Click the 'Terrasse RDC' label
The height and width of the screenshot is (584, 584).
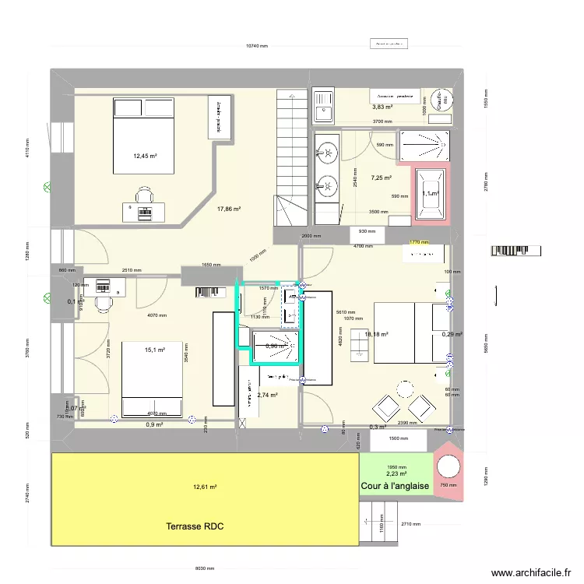(x=195, y=527)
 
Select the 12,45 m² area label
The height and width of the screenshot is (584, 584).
(x=145, y=156)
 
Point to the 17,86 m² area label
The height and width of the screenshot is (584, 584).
(x=229, y=209)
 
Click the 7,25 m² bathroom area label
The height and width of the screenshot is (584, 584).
(x=382, y=178)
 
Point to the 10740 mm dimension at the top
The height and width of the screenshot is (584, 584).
(x=256, y=47)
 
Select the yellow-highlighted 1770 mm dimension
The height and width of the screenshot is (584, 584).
(x=419, y=243)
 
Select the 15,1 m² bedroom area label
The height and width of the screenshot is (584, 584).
(x=155, y=350)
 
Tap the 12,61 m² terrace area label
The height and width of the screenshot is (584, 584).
(x=205, y=487)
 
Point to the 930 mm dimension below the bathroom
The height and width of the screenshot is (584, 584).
(x=367, y=231)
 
